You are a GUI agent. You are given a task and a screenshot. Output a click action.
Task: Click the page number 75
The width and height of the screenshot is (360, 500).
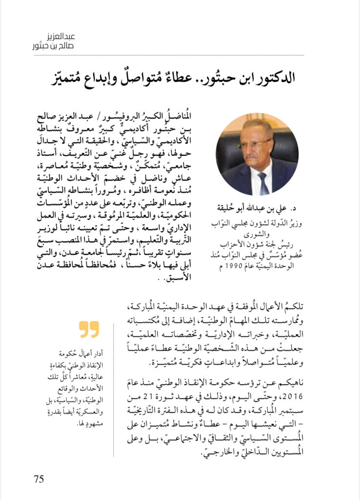39,478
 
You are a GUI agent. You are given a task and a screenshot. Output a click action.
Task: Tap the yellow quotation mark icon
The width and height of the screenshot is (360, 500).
89,329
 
